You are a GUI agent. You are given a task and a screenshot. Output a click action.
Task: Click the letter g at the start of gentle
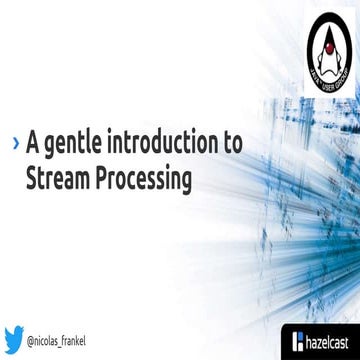(x=53, y=145)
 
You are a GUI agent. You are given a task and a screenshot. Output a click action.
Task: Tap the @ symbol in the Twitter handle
(x=33, y=340)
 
